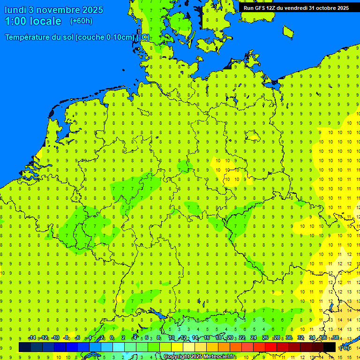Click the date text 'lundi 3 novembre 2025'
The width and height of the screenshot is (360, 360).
tap(54, 10)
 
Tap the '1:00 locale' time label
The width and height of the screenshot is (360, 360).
tap(33, 21)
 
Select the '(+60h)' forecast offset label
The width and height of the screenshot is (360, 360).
tap(81, 21)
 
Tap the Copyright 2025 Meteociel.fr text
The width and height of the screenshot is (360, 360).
tap(199, 357)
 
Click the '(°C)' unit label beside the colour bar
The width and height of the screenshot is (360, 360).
tap(345, 348)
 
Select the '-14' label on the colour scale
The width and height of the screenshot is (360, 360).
tap(32, 338)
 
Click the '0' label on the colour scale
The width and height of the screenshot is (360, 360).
tap(112, 338)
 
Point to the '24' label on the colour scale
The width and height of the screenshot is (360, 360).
tap(254, 338)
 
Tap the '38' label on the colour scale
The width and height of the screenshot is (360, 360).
tap(336, 338)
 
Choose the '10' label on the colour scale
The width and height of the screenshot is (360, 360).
tap(172, 338)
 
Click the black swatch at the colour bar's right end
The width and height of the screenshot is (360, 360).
tap(330, 347)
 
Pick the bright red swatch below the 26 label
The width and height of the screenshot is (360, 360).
tap(271, 347)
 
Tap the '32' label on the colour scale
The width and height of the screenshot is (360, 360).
tap(300, 338)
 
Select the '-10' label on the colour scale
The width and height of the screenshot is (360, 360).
tap(55, 338)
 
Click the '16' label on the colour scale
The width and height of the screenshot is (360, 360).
tap(207, 338)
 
